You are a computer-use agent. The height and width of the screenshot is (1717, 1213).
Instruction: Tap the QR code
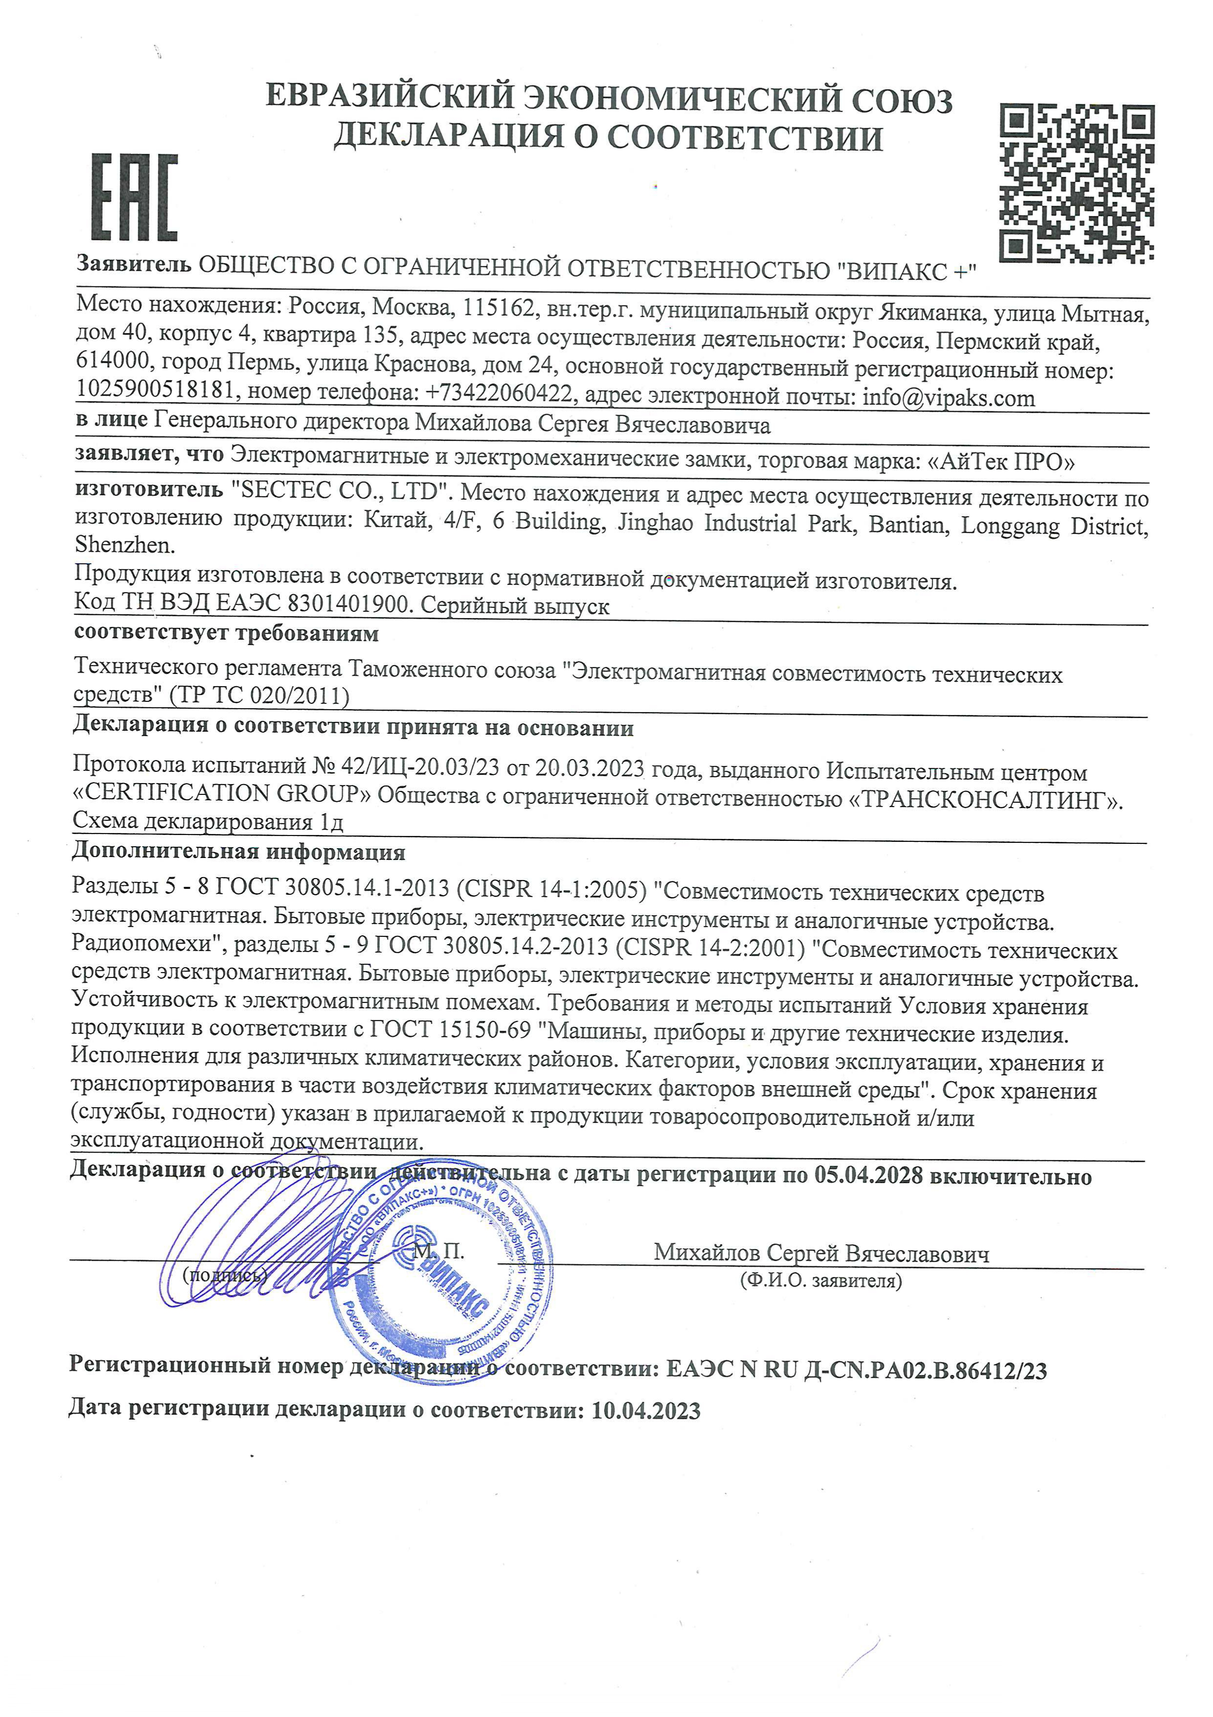pos(1076,183)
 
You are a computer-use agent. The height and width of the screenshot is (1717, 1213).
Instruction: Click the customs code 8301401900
pos(351,603)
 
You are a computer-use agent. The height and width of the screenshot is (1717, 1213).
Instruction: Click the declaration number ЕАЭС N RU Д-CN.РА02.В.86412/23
pos(856,1370)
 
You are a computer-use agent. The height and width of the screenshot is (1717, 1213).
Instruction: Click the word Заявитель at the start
pos(135,264)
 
